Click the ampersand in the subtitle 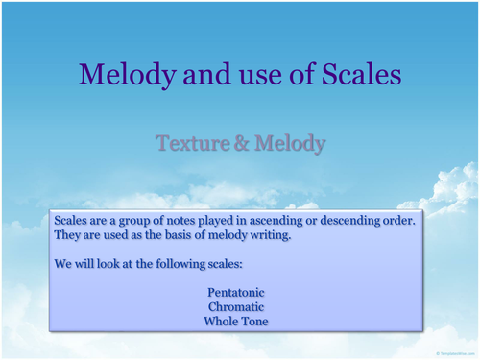(x=239, y=144)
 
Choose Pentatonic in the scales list (x=235, y=291)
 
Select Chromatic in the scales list (x=235, y=306)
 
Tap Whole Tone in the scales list (x=235, y=322)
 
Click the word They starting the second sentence (x=68, y=236)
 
